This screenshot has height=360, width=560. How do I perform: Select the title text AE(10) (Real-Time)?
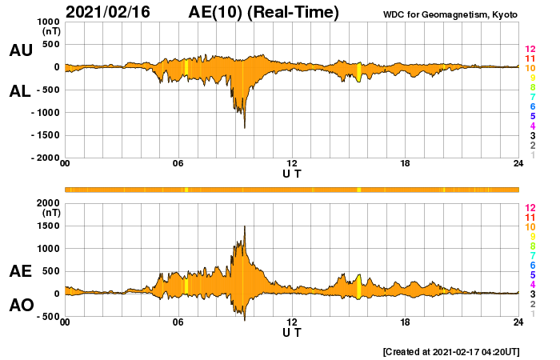(x=263, y=12)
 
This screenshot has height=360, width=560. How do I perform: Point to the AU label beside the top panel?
(x=20, y=50)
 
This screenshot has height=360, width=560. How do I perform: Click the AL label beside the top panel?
(x=20, y=91)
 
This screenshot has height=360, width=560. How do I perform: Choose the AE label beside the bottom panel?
(x=20, y=272)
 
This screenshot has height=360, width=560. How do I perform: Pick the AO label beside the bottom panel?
(x=20, y=306)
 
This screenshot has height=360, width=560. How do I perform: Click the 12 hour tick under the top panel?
(x=292, y=165)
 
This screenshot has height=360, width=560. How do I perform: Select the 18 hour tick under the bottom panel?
(x=406, y=323)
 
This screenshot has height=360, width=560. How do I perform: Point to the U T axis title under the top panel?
(x=292, y=174)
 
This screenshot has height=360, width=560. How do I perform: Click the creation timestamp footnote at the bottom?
(x=450, y=351)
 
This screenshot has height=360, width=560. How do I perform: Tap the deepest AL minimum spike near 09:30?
(x=245, y=127)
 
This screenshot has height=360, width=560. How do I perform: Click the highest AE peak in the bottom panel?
(x=245, y=226)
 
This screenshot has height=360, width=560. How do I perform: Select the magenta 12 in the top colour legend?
(x=530, y=50)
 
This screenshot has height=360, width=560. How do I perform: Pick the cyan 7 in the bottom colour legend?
(x=530, y=255)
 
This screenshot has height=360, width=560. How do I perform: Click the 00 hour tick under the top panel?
(x=65, y=165)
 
